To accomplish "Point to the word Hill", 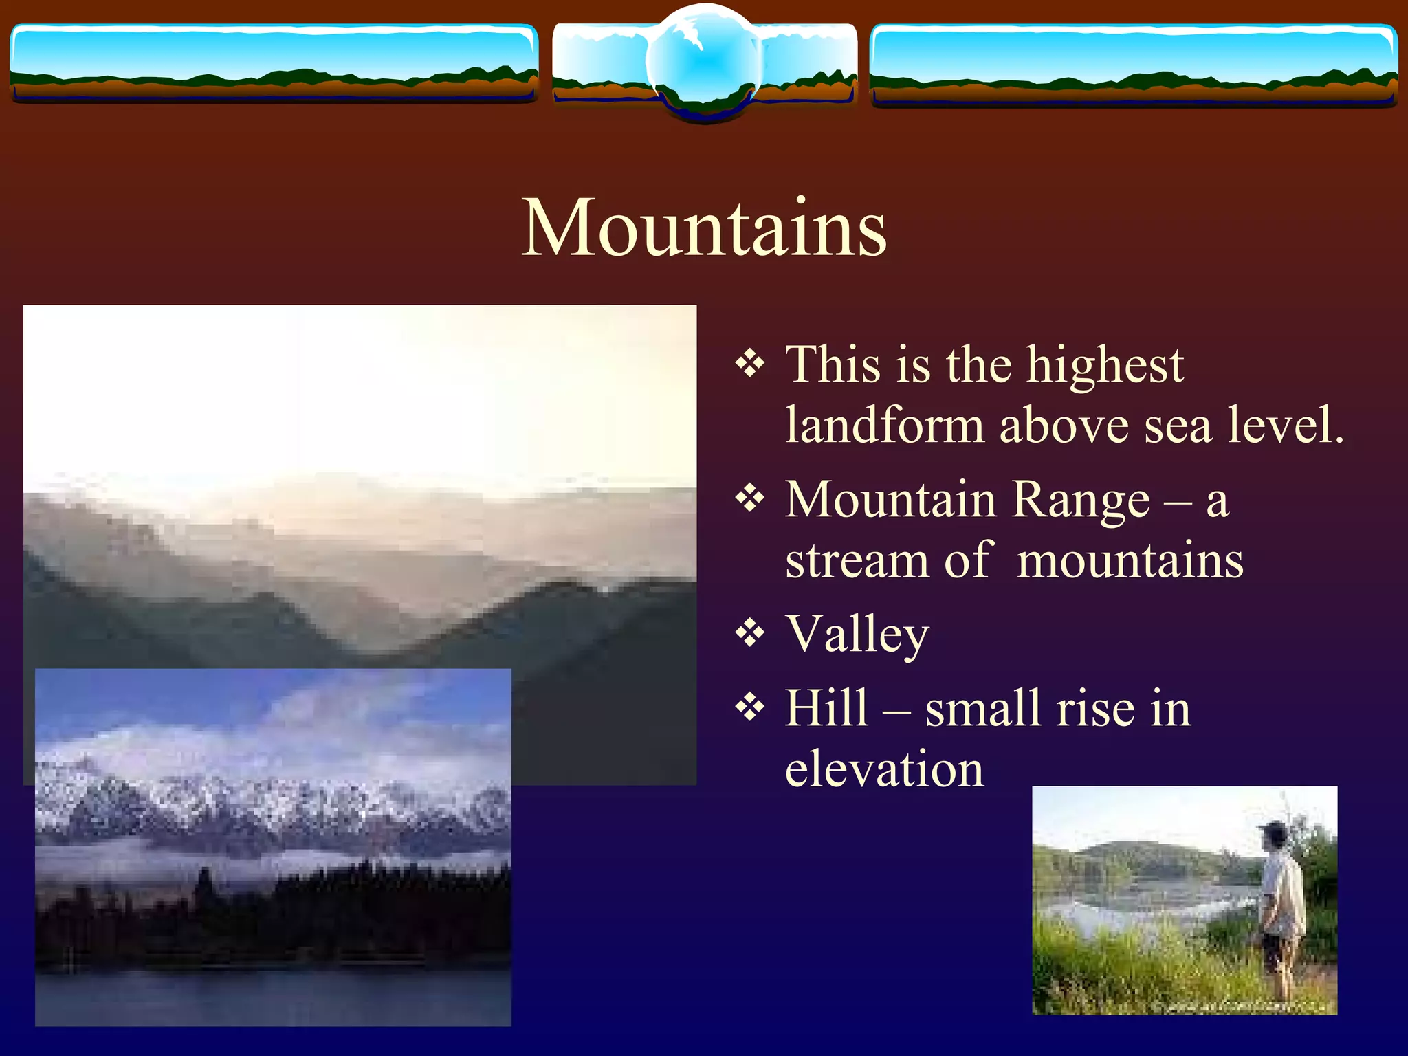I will [x=826, y=708].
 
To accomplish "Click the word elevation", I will [x=884, y=769].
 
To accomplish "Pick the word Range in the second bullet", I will [x=1081, y=500].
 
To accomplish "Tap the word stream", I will [x=857, y=561].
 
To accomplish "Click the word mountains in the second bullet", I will [x=1130, y=561].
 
